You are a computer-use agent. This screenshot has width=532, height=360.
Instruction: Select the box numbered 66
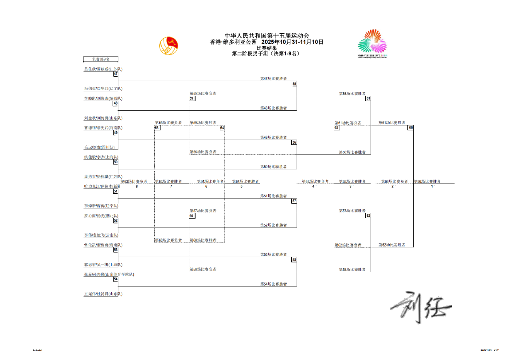[411, 128]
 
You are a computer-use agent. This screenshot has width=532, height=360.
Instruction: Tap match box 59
[192, 98]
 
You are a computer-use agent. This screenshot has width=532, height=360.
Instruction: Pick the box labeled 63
[157, 128]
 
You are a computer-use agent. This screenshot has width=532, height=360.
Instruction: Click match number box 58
[294, 260]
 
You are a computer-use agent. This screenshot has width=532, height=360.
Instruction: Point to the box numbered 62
[368, 215]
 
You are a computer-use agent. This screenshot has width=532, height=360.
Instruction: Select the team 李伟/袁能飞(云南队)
[101, 235]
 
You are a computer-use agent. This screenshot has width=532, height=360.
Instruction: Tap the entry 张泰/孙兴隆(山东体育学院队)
[109, 274]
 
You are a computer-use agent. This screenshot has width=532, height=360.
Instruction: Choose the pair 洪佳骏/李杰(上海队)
[101, 157]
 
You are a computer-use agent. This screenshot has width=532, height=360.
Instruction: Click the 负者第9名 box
[101, 59]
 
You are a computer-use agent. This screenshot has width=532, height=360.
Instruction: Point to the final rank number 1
[432, 186]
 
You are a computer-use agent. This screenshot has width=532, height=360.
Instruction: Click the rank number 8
[137, 186]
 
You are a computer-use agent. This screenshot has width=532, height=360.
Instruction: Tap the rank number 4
[313, 186]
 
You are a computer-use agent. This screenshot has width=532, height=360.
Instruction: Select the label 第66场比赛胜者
[427, 181]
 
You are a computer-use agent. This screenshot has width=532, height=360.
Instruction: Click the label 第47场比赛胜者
[273, 78]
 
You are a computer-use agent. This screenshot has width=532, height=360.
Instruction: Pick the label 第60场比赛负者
[168, 240]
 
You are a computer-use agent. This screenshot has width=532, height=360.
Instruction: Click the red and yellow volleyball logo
[168, 44]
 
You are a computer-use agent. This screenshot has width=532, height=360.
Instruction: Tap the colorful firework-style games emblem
[372, 43]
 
